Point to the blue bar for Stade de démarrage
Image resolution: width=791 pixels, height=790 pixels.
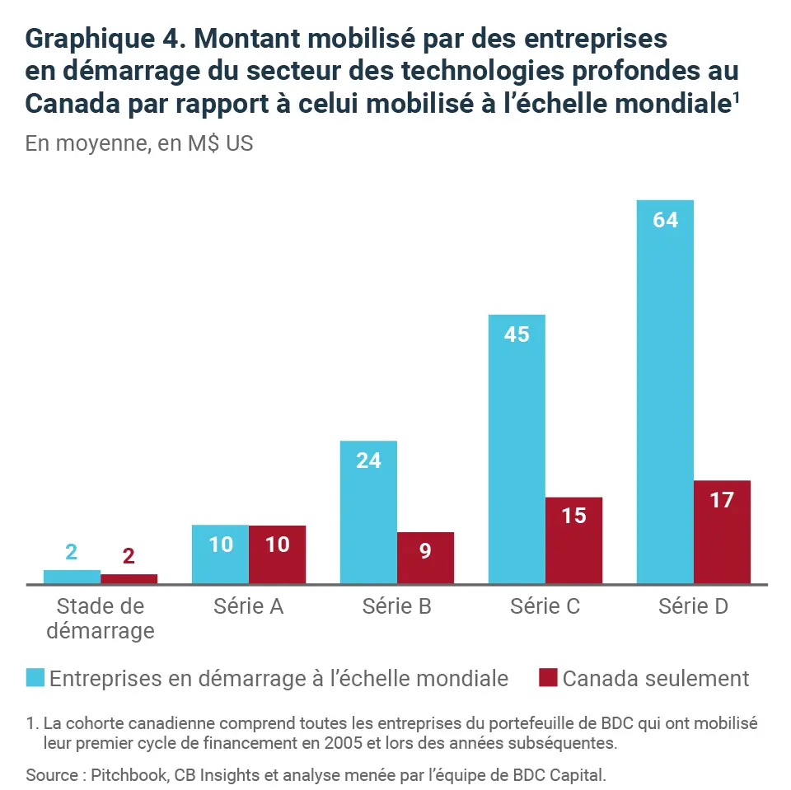pyautogui.click(x=72, y=577)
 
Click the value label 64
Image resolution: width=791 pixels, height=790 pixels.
pyautogui.click(x=665, y=221)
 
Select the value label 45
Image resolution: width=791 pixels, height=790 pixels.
pyautogui.click(x=517, y=335)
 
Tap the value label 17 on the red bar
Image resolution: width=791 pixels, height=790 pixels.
pyautogui.click(x=722, y=500)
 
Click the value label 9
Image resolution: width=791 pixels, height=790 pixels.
pyautogui.click(x=425, y=551)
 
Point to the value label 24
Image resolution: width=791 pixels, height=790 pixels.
pyautogui.click(x=368, y=460)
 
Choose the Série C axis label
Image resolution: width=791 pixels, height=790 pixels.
pyautogui.click(x=545, y=607)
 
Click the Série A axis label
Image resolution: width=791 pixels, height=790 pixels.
pyautogui.click(x=248, y=607)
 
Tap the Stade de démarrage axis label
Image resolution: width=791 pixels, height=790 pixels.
pyautogui.click(x=100, y=619)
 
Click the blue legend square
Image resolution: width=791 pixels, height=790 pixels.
pyautogui.click(x=35, y=678)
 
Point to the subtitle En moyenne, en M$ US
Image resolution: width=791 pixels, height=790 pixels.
pyautogui.click(x=139, y=143)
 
